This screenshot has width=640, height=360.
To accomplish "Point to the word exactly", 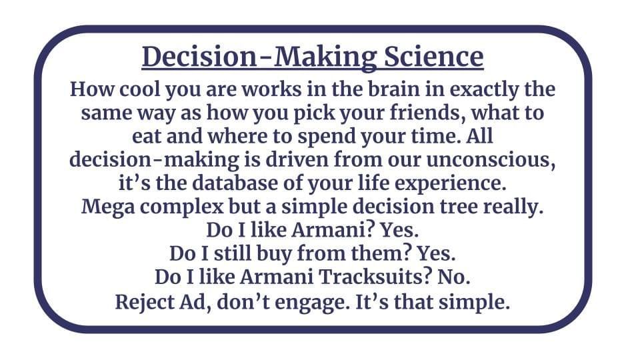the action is point(484,90).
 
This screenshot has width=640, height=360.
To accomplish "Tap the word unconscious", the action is point(491,159).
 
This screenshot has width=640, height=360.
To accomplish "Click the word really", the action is point(513,207).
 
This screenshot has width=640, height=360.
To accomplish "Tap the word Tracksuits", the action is point(375,277).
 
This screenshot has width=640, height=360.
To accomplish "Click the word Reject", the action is point(143,303).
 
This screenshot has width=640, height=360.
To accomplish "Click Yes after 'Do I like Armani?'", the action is point(399,230).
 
